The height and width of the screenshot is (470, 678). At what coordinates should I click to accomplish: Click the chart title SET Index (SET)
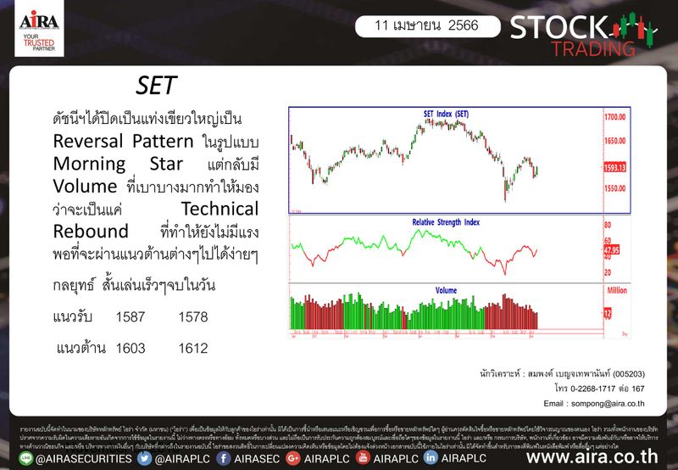click(446, 114)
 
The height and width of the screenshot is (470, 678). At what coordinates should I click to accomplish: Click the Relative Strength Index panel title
click(446, 221)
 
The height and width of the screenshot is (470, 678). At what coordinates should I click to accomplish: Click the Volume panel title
click(446, 290)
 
